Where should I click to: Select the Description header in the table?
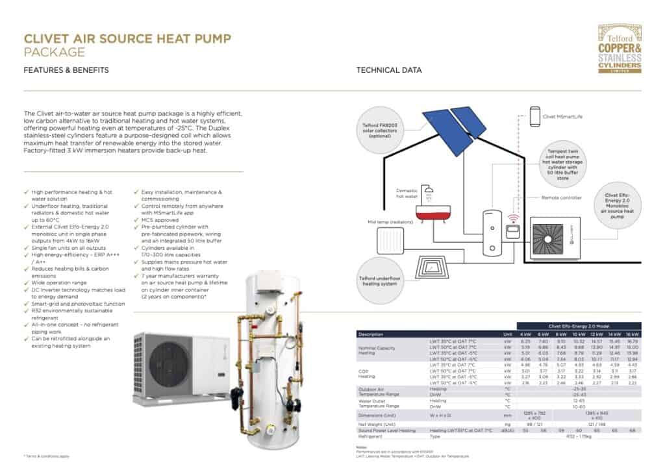point(371,334)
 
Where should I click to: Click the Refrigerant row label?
point(372,437)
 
